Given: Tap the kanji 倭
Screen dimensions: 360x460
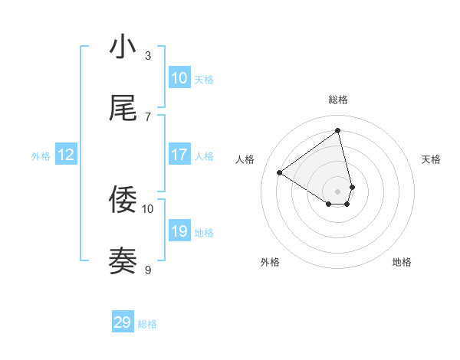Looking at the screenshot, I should (x=123, y=200).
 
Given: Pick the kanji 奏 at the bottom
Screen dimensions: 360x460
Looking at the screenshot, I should (x=123, y=261).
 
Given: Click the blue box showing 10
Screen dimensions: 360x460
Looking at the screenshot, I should (x=179, y=78).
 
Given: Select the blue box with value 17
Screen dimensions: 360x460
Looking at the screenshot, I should (x=179, y=155).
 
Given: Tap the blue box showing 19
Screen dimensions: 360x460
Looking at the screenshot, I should (x=179, y=231).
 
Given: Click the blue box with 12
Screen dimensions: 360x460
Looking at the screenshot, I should (x=66, y=155).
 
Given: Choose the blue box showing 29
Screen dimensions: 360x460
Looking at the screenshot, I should (x=123, y=322).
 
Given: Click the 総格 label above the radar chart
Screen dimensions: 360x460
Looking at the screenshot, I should (x=338, y=100).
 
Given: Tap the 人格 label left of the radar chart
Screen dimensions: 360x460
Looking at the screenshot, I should (x=245, y=159).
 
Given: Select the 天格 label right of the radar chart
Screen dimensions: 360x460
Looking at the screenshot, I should (x=431, y=159).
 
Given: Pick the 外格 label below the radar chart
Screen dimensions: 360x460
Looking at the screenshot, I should (x=270, y=263).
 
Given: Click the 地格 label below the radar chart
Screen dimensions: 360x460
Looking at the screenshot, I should (x=402, y=263).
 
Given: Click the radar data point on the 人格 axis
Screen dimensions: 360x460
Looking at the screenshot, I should (x=280, y=173).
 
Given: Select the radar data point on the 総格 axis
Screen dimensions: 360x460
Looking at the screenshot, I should (x=338, y=130).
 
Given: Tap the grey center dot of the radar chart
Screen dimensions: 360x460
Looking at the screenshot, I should (x=338, y=191).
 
